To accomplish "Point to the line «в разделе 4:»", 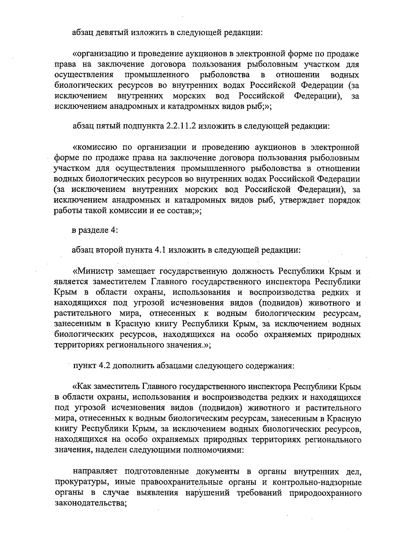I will (x=95, y=230).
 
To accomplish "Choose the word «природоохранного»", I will (x=325, y=492).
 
